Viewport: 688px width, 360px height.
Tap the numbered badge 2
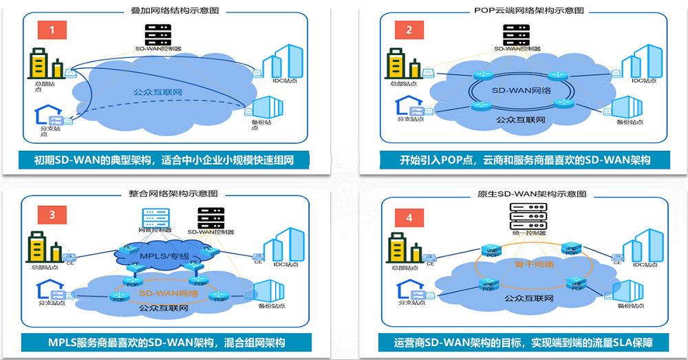[x=409, y=30]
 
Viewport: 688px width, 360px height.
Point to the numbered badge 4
[x=409, y=218]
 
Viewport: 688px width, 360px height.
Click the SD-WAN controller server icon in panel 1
[x=158, y=34]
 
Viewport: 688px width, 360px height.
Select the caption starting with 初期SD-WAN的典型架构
[x=164, y=161]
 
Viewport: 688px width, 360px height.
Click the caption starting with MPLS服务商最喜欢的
[x=166, y=342]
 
